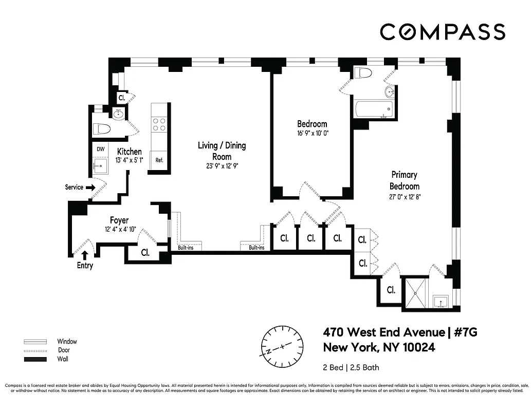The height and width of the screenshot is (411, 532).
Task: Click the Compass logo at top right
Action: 442,32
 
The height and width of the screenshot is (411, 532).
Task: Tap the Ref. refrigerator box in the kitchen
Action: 159,160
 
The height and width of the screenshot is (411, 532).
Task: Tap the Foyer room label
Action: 119,220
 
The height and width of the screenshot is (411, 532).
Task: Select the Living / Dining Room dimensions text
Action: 222,166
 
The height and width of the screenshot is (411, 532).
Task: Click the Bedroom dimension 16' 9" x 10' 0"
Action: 312,133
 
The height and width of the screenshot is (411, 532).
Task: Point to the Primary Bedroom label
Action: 404,181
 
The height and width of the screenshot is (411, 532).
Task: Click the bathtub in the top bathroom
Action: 374,109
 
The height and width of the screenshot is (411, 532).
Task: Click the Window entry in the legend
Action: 67,342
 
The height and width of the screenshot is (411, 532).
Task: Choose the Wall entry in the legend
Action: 63,359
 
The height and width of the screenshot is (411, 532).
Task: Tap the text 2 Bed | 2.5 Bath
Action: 351,367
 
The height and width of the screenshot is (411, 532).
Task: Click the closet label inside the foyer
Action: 145,253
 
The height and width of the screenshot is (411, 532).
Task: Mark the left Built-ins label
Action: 186,248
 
